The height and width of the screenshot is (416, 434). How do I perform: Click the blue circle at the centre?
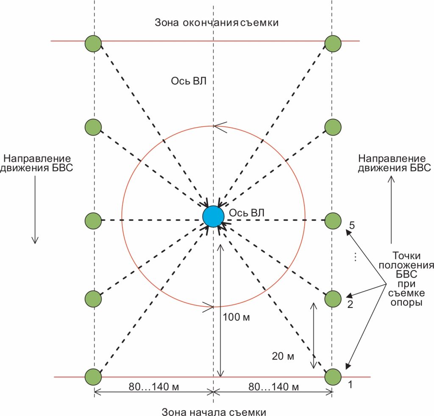click(x=213, y=216)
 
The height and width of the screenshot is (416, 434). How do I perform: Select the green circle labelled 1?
click(x=333, y=376)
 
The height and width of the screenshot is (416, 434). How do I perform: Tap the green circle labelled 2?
click(x=333, y=299)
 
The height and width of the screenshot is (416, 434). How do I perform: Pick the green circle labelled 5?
click(x=333, y=220)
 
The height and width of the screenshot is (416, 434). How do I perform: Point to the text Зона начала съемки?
click(x=214, y=411)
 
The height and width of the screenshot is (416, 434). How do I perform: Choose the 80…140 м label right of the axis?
click(x=273, y=386)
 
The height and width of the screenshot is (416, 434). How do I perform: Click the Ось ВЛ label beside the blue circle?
click(x=246, y=213)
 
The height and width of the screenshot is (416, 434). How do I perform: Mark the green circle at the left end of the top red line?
click(x=93, y=43)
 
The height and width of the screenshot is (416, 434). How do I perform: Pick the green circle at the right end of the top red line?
click(x=333, y=43)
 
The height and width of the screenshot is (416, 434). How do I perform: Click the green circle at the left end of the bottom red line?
click(x=93, y=376)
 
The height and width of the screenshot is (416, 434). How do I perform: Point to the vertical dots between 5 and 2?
click(x=356, y=257)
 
